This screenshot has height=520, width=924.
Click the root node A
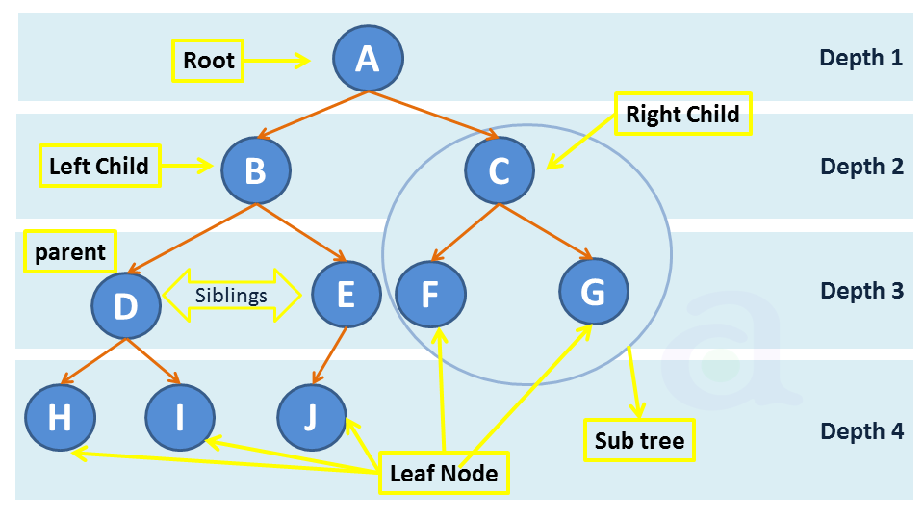click(x=368, y=59)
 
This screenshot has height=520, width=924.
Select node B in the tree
click(x=255, y=169)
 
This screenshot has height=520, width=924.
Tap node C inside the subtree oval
click(x=499, y=169)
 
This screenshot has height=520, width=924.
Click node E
click(x=346, y=294)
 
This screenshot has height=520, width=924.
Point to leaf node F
click(x=430, y=293)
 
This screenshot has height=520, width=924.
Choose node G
click(x=594, y=291)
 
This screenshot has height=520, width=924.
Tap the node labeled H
click(x=60, y=419)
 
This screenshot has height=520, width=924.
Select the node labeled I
click(x=180, y=419)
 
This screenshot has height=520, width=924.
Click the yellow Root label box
click(x=208, y=61)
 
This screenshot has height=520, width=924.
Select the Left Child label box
click(x=99, y=167)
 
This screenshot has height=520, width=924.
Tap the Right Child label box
click(x=682, y=115)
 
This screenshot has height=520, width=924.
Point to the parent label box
click(x=69, y=252)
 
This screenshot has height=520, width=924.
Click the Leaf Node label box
click(x=444, y=473)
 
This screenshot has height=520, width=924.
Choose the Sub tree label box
click(x=639, y=441)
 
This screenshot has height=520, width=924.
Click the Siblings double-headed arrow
click(x=232, y=295)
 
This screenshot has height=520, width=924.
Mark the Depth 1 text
click(x=860, y=58)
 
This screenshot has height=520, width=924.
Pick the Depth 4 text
click(x=861, y=430)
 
